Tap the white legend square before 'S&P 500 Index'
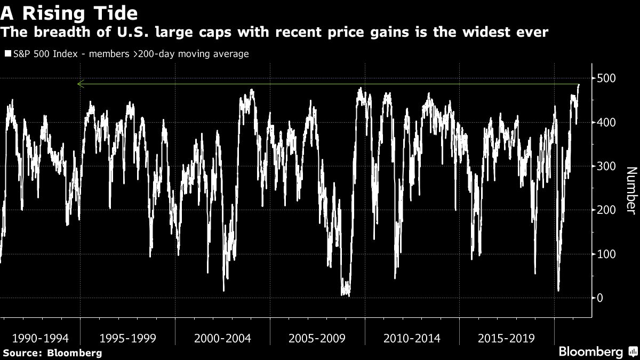coord(7,54)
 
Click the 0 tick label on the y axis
coord(599,298)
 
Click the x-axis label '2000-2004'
coord(223,338)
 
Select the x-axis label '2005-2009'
coord(318,338)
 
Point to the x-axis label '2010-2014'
coord(413,338)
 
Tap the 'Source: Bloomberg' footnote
coord(52,353)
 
